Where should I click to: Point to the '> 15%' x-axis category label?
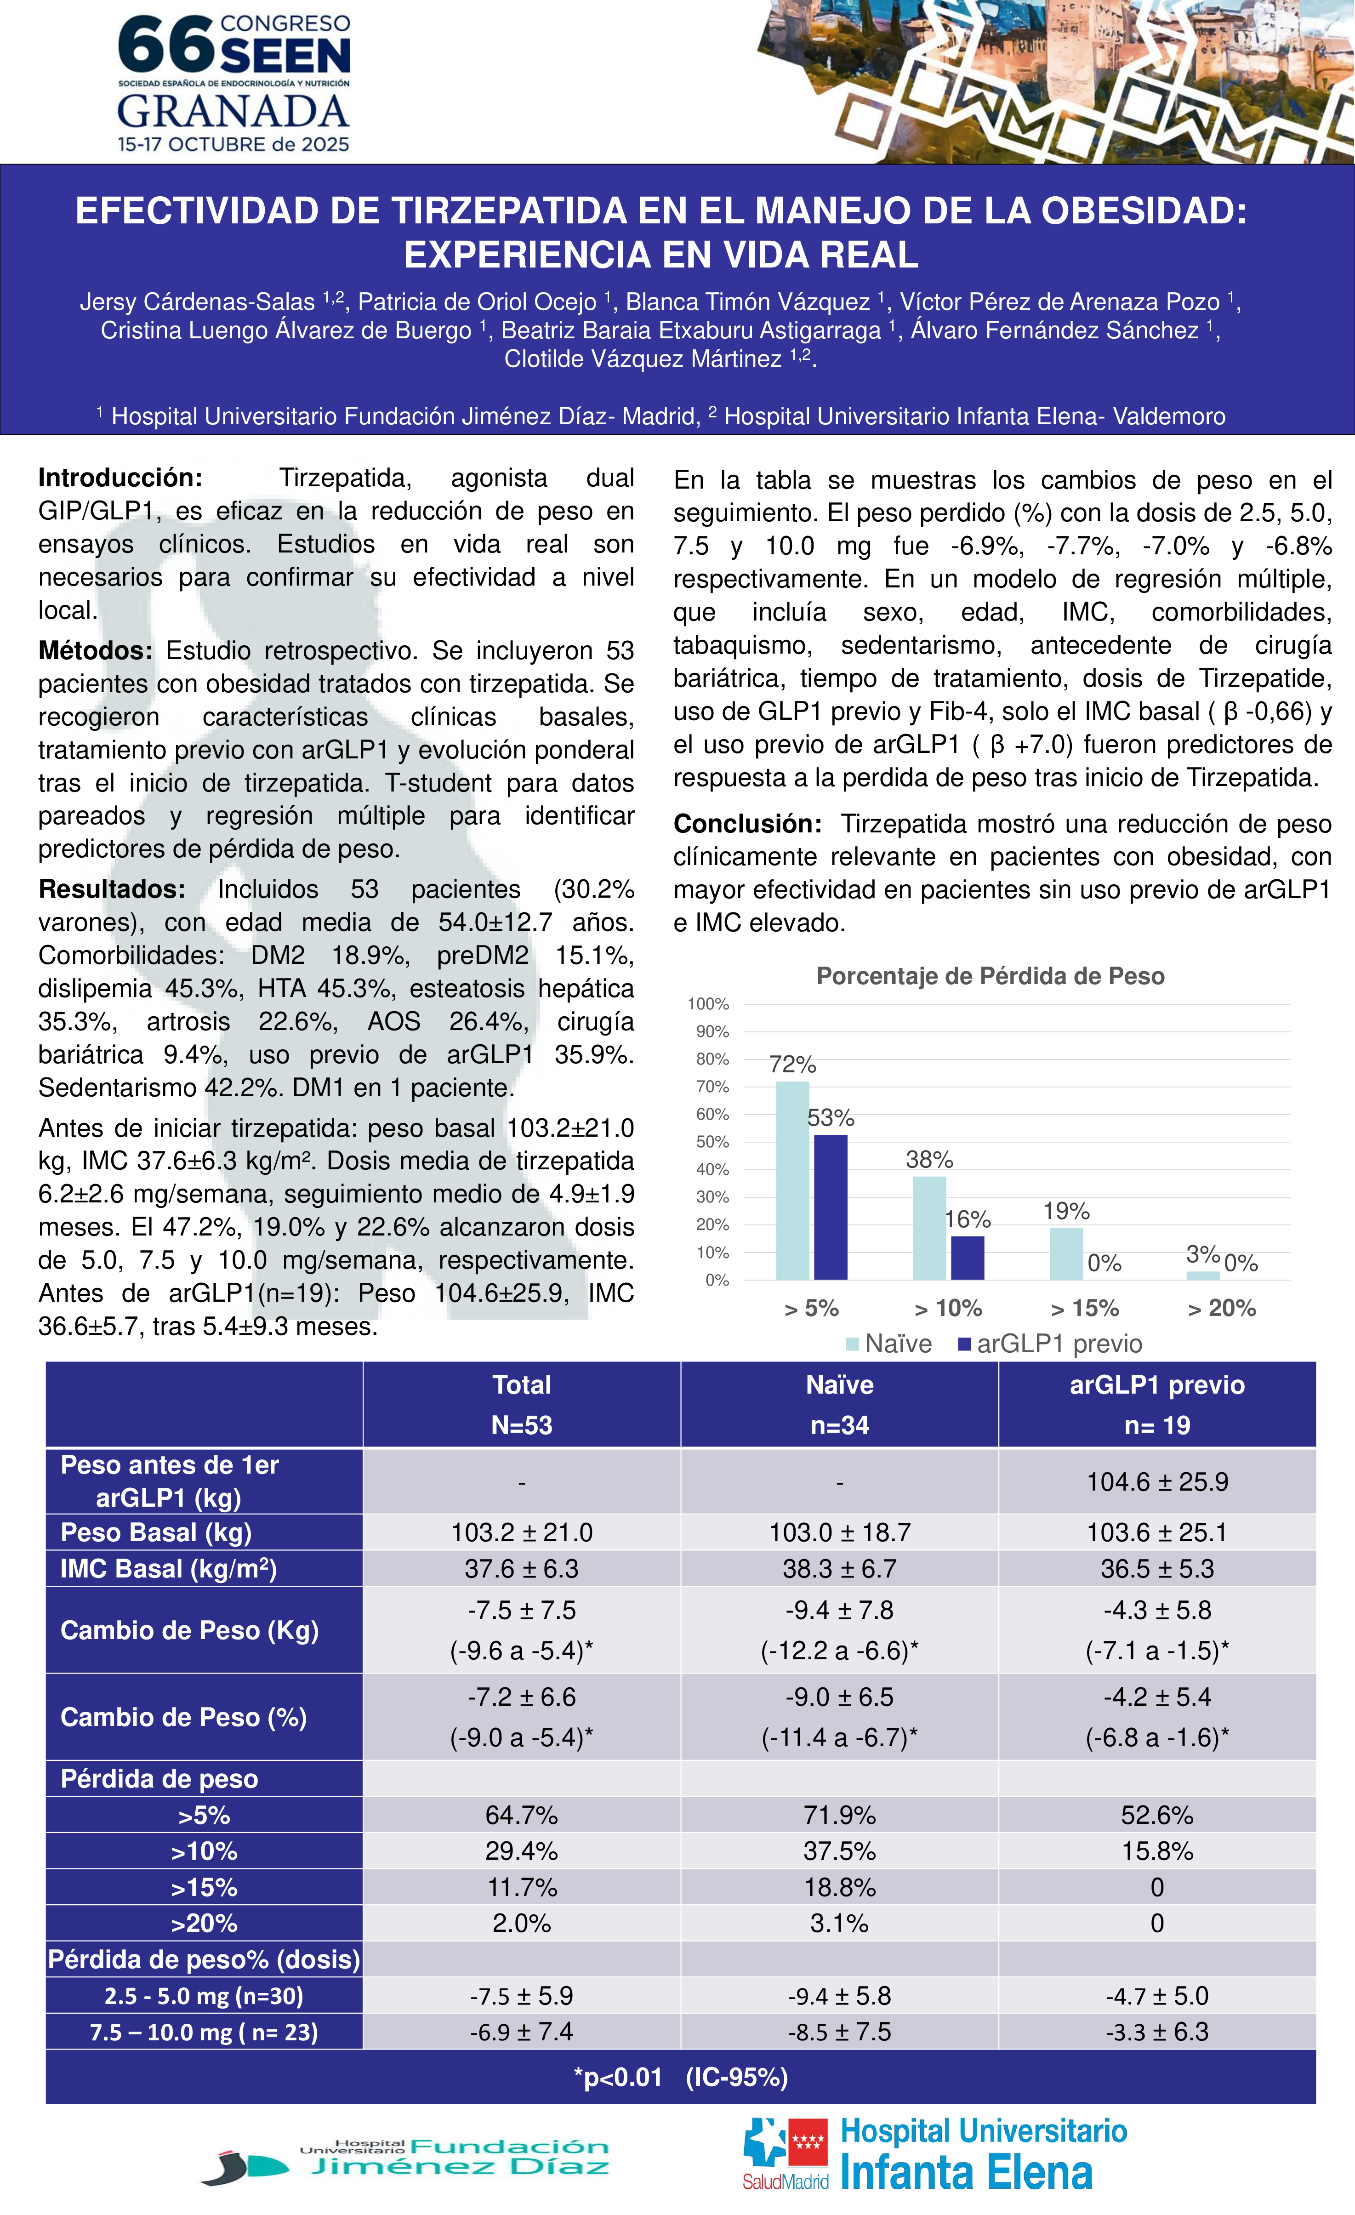pos(1084,1308)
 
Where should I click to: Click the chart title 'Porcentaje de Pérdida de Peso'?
pos(990,976)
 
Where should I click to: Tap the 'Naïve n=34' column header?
pos(839,1404)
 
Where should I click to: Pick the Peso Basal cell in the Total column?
pos(522,1532)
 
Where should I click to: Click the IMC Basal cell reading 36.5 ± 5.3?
pos(1156,1569)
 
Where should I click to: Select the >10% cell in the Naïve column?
pos(839,1851)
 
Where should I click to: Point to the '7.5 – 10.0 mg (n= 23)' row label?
pos(204,2032)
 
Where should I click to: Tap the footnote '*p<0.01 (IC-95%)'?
pos(681,2078)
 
